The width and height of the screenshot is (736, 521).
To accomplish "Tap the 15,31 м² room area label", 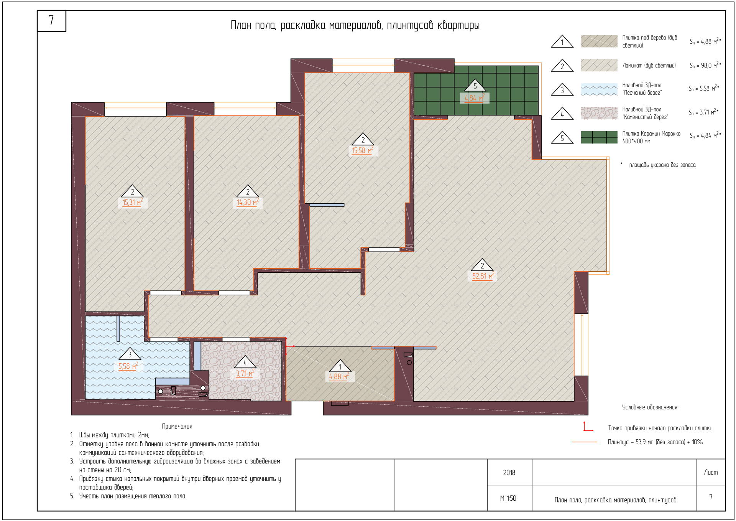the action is tap(133, 202).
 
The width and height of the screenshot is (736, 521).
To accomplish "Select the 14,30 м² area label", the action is tap(247, 202).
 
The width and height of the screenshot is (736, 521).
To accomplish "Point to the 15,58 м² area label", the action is tap(363, 150).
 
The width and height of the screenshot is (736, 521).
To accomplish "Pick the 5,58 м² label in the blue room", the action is tap(128, 366).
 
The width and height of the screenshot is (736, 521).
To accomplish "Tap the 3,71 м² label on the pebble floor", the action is tap(245, 373).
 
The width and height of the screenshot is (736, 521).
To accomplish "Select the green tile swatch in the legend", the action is tap(599, 137).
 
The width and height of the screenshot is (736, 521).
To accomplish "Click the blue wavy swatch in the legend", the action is tap(599, 89).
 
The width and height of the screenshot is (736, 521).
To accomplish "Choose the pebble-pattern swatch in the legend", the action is tap(599, 114).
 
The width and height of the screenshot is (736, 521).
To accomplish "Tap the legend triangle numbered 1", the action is tap(562, 41).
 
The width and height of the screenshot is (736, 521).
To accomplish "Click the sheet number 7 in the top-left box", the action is tap(51, 20).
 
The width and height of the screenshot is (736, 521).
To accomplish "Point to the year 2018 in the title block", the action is tap(509, 473).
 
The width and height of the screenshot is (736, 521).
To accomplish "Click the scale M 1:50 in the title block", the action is tap(508, 498).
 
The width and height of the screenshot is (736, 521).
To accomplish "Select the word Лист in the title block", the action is tap(711, 472).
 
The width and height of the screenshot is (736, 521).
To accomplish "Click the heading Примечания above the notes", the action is tap(177, 426).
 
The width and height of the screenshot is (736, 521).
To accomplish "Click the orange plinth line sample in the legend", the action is tap(584, 442).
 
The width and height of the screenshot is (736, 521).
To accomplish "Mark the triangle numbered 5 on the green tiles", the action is tap(475, 86).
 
